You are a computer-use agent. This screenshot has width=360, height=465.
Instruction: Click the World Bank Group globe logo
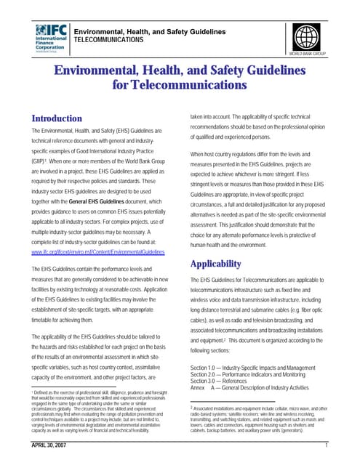[306, 36]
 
